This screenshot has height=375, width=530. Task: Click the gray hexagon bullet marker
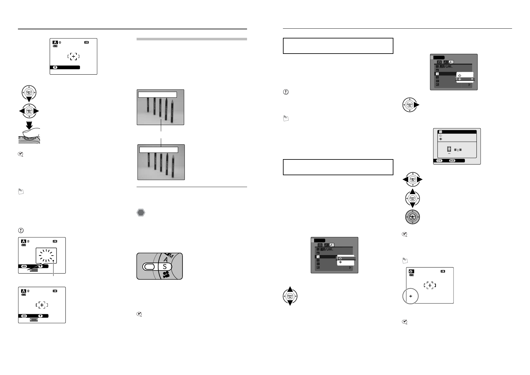point(141,213)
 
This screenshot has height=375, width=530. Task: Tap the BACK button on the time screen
point(452,161)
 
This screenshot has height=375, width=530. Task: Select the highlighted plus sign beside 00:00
point(449,149)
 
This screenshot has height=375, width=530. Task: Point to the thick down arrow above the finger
point(29,125)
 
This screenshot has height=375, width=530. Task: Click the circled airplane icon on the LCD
point(410,297)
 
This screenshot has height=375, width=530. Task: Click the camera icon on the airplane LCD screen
point(411,271)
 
